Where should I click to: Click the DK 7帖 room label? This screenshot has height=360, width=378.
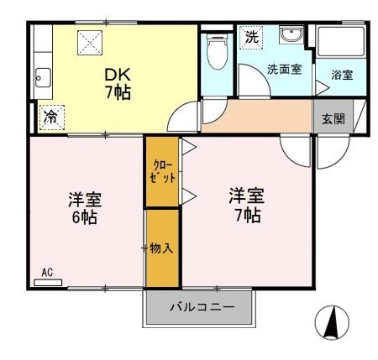(x=116, y=82)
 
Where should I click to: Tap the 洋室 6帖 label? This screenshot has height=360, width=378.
(x=82, y=209)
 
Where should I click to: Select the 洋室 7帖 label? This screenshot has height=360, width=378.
(x=246, y=206)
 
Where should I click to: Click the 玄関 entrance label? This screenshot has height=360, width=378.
(x=333, y=118)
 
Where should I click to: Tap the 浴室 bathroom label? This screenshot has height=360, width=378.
(x=342, y=75)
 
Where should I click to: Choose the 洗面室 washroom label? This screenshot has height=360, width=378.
(x=284, y=70)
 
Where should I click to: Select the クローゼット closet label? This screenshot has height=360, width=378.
(x=162, y=171)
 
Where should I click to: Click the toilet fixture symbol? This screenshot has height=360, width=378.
(x=217, y=55)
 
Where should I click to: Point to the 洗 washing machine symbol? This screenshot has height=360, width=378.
(x=251, y=37)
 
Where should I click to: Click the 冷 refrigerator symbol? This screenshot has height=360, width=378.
(x=50, y=117)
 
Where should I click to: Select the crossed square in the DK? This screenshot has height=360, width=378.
(x=89, y=43)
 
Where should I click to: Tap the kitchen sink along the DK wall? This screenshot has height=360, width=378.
(x=42, y=82)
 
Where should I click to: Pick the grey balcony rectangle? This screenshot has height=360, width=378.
(x=199, y=308)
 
